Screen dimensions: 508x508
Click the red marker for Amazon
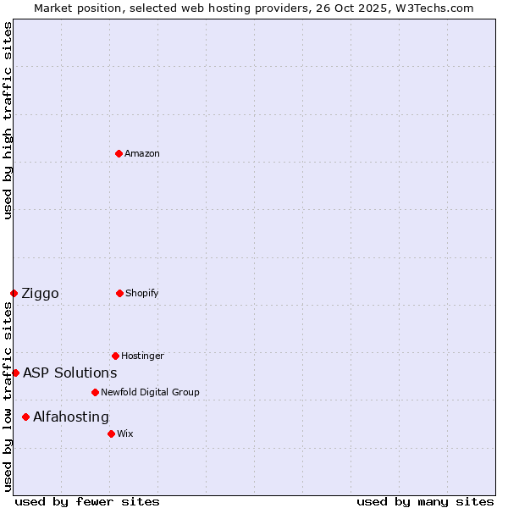(119, 153)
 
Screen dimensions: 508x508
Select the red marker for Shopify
(119, 293)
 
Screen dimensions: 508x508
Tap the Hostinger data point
(115, 356)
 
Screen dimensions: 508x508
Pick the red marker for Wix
(111, 433)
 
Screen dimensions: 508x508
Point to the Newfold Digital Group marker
(95, 392)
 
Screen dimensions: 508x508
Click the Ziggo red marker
(14, 293)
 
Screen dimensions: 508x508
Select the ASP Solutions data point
(15, 373)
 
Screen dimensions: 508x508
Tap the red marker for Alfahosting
(25, 417)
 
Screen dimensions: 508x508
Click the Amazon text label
(142, 153)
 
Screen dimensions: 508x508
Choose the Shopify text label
(142, 293)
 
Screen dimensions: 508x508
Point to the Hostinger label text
(142, 356)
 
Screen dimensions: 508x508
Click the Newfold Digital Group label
(150, 392)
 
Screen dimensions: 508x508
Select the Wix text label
(125, 433)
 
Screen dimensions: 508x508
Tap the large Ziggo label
(40, 293)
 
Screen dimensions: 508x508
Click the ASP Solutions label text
(69, 373)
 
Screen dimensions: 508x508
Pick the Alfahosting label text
(71, 417)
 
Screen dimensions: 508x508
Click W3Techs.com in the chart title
(433, 8)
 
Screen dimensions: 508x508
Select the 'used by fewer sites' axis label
(87, 501)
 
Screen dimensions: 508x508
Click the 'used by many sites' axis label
(425, 501)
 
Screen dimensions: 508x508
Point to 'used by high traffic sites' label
(8, 120)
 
